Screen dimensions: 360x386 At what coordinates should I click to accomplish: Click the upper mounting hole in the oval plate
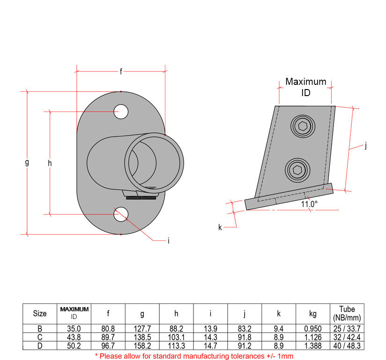(x=121, y=112)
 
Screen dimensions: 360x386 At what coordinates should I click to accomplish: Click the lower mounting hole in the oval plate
(x=121, y=214)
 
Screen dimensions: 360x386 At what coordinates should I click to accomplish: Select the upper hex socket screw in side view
(x=302, y=126)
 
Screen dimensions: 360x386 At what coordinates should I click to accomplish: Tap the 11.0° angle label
(x=309, y=204)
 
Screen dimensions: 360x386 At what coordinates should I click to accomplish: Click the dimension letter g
(x=27, y=163)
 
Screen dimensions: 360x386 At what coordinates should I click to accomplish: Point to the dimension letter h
(x=50, y=163)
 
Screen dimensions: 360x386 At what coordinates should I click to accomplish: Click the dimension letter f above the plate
(x=120, y=71)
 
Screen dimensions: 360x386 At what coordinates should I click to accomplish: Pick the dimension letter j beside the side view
(x=365, y=146)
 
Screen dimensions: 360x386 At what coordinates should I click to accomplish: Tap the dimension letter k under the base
(x=220, y=227)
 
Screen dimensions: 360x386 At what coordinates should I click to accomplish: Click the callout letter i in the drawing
(x=168, y=241)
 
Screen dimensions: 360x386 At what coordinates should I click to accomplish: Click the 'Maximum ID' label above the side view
(x=305, y=87)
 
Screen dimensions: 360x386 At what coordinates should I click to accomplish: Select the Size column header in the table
(x=40, y=314)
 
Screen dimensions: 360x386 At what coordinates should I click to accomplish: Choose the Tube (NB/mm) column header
(x=347, y=313)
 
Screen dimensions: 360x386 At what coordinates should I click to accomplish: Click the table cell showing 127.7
(x=142, y=329)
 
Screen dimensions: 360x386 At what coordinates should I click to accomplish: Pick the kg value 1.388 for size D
(x=313, y=345)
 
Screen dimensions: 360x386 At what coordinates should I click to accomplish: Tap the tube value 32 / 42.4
(x=347, y=337)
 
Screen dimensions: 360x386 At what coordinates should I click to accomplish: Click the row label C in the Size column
(x=40, y=337)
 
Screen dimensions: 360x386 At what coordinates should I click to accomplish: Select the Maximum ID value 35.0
(x=74, y=329)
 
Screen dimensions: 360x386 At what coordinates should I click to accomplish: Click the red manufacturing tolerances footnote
(x=194, y=356)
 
